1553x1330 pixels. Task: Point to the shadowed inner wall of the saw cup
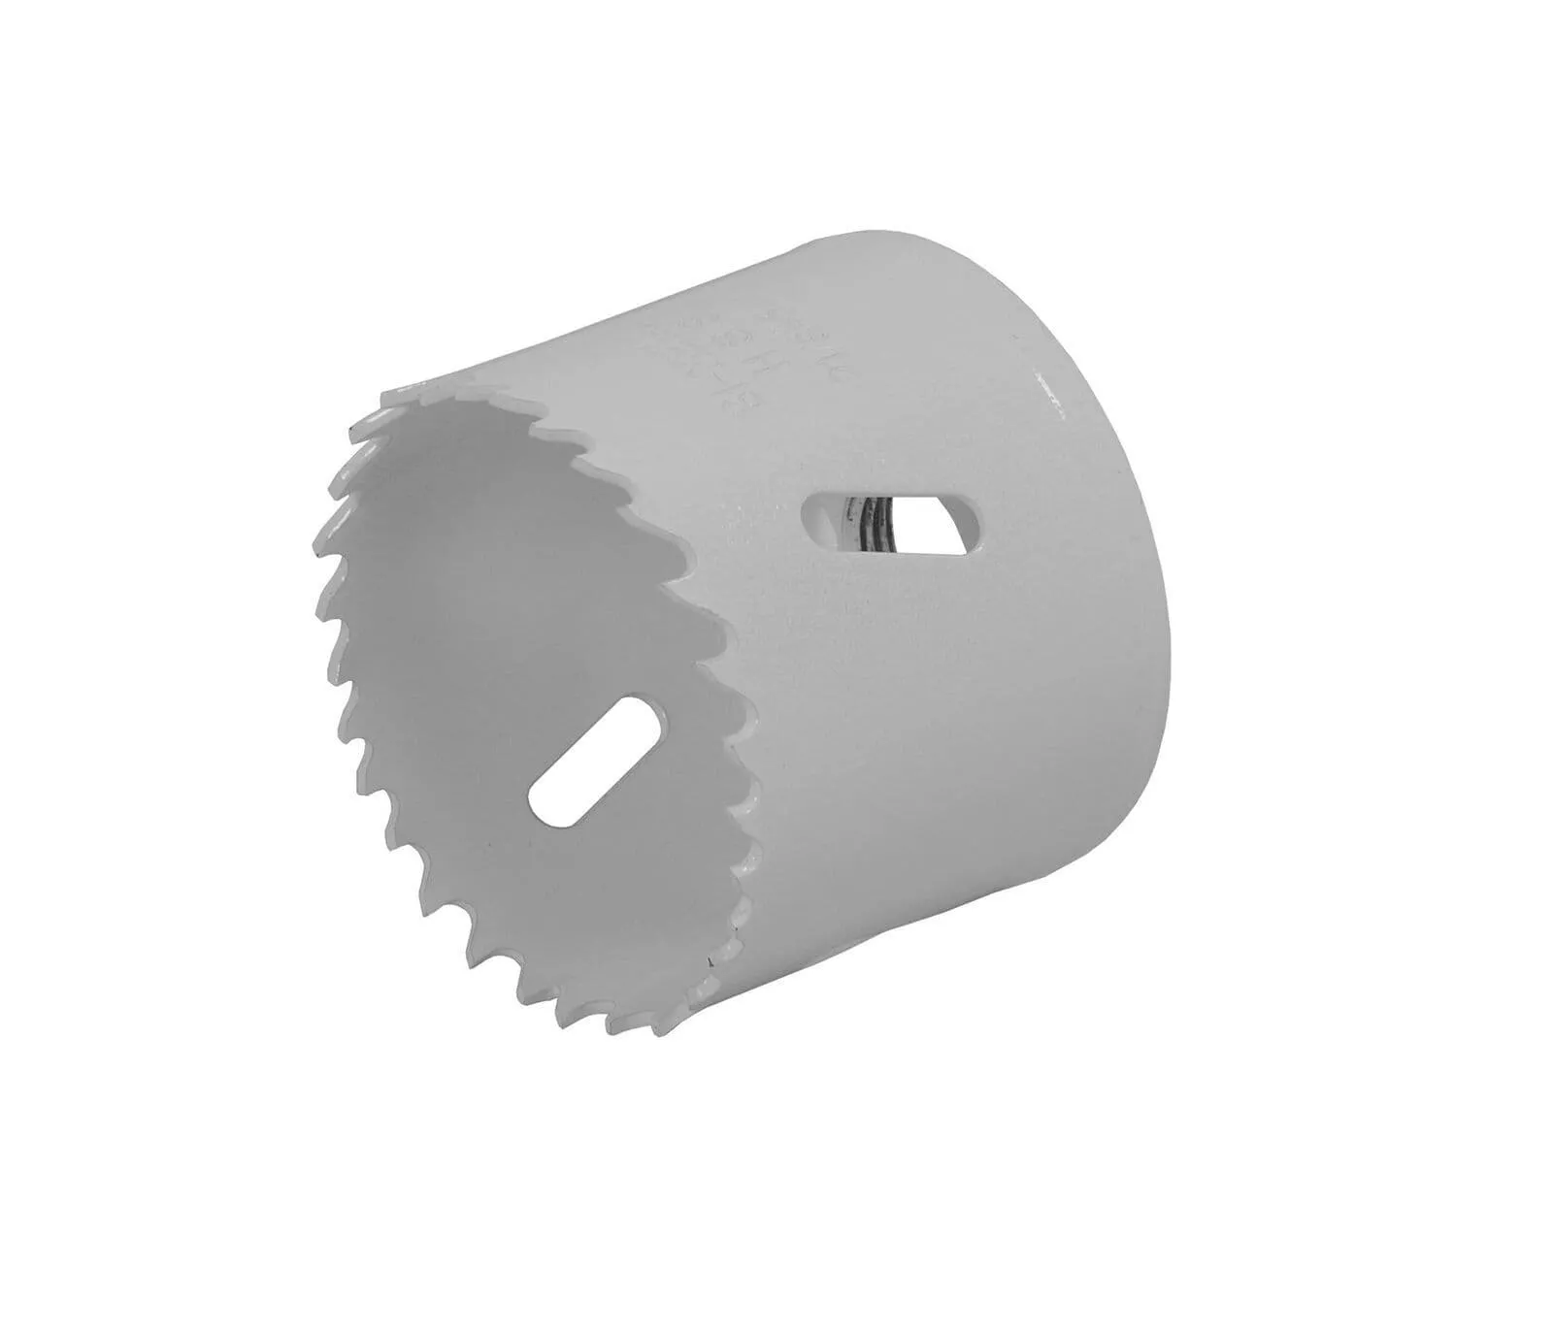[505, 582]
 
